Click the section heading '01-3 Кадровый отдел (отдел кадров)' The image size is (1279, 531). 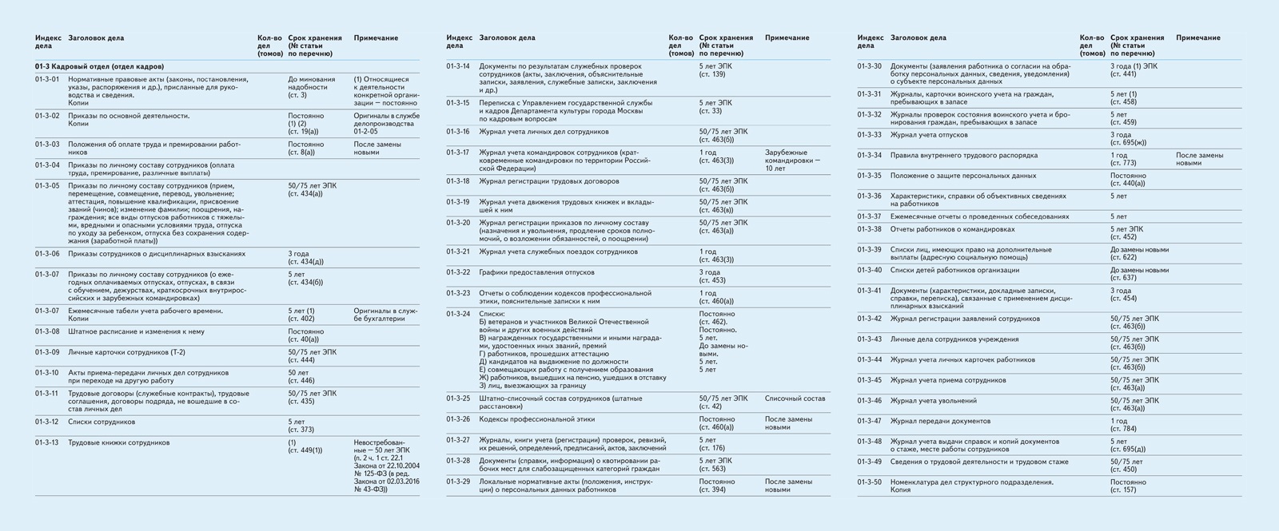click(99, 66)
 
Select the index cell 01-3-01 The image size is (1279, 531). click(47, 80)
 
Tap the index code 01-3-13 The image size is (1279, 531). click(47, 442)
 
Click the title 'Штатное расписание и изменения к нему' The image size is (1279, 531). click(136, 331)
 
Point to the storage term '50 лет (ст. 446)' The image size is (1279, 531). click(300, 376)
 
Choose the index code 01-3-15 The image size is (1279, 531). click(458, 103)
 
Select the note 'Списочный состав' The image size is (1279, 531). click(795, 398)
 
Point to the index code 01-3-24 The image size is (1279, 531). click(458, 314)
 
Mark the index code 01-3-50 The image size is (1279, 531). click(869, 482)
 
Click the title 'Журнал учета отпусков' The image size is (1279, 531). click(929, 135)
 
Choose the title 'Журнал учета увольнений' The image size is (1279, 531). click(934, 401)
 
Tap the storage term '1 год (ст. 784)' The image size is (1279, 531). click(1122, 425)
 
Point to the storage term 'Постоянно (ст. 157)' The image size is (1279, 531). click(1128, 486)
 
